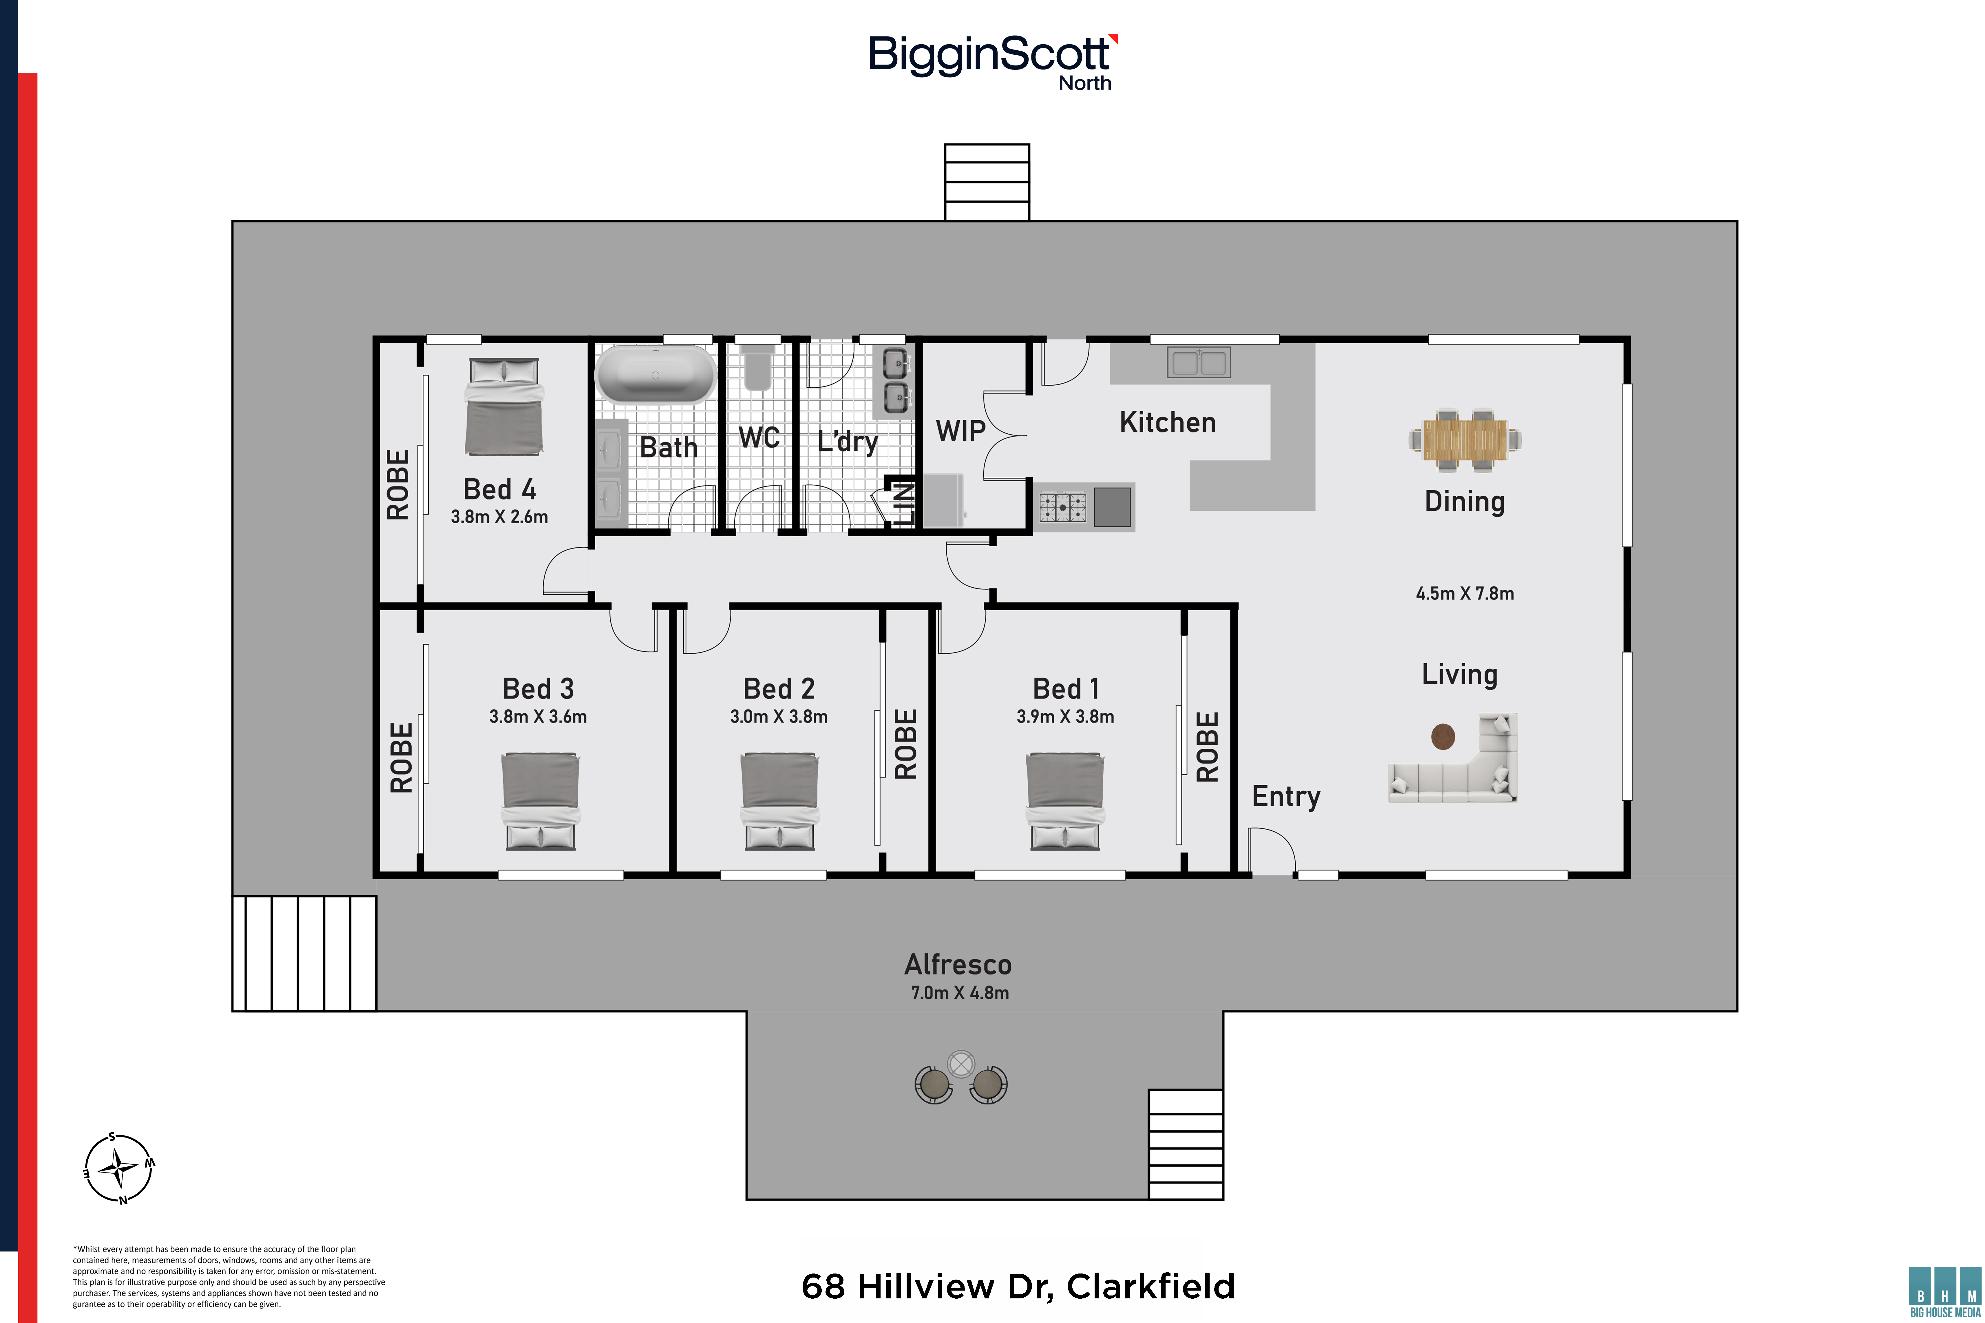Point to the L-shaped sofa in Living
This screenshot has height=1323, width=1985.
(1453, 759)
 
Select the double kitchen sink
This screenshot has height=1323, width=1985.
(1198, 362)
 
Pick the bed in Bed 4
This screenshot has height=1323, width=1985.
(504, 408)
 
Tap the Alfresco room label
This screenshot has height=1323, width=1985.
(958, 964)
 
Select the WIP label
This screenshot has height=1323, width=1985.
(960, 431)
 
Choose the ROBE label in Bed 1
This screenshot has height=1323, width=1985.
(1208, 747)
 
